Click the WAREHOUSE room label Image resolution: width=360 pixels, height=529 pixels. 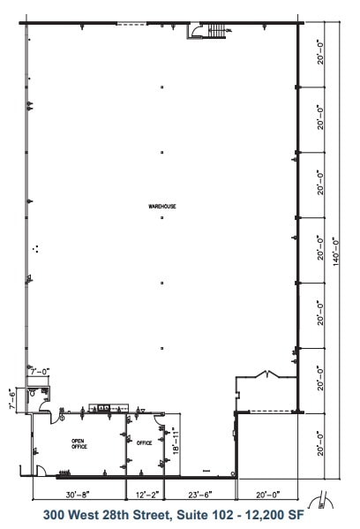tap(163, 206)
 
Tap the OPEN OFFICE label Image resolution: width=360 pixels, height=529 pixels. tap(79, 444)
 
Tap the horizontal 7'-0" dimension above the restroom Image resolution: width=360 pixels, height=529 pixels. tap(40, 373)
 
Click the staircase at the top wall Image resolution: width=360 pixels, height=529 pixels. tap(213, 31)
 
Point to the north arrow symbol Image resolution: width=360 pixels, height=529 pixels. tap(329, 499)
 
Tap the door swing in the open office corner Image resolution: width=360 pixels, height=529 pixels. tap(39, 469)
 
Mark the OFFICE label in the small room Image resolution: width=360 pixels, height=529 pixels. tap(145, 442)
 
